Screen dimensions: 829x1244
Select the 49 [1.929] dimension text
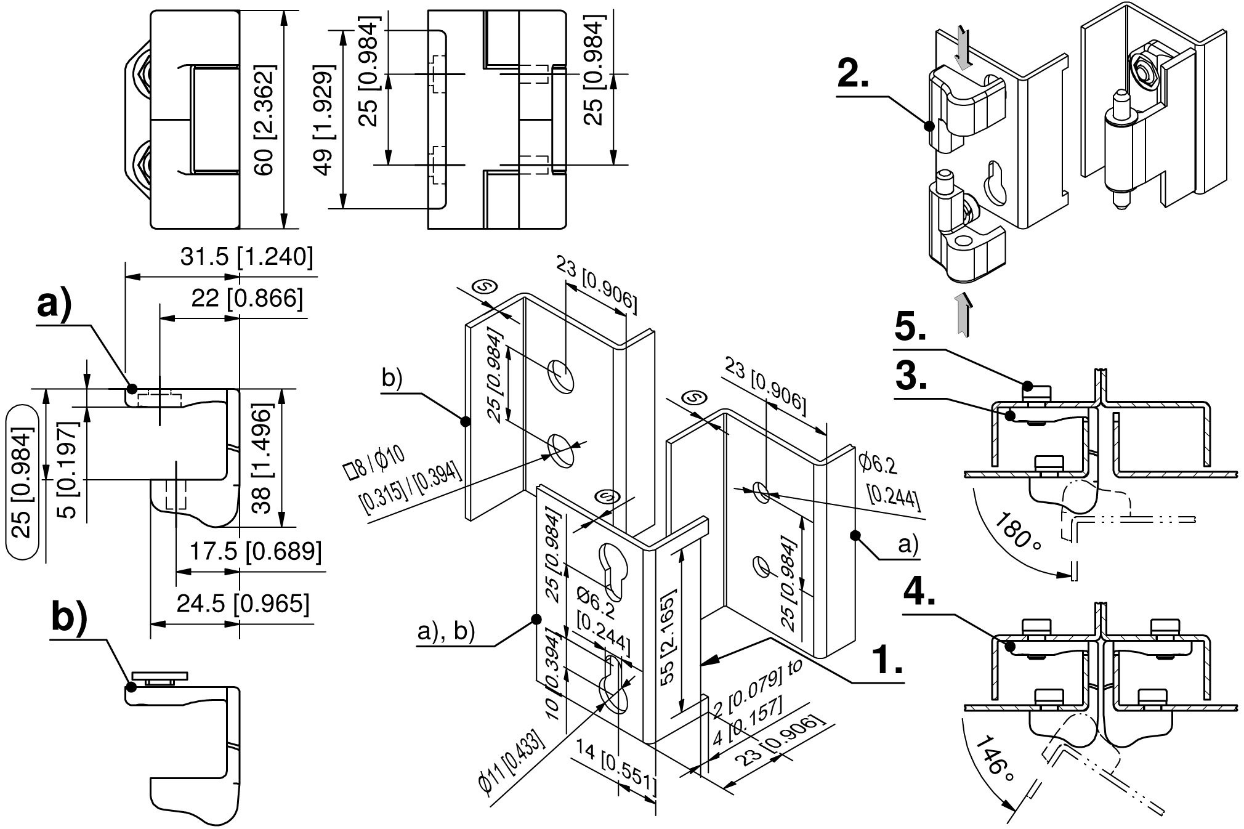323,120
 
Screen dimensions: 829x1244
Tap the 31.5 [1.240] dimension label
246,257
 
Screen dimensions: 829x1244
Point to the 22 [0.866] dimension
248,298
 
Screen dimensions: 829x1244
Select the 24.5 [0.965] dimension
243,604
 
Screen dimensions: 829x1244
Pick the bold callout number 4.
919,594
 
